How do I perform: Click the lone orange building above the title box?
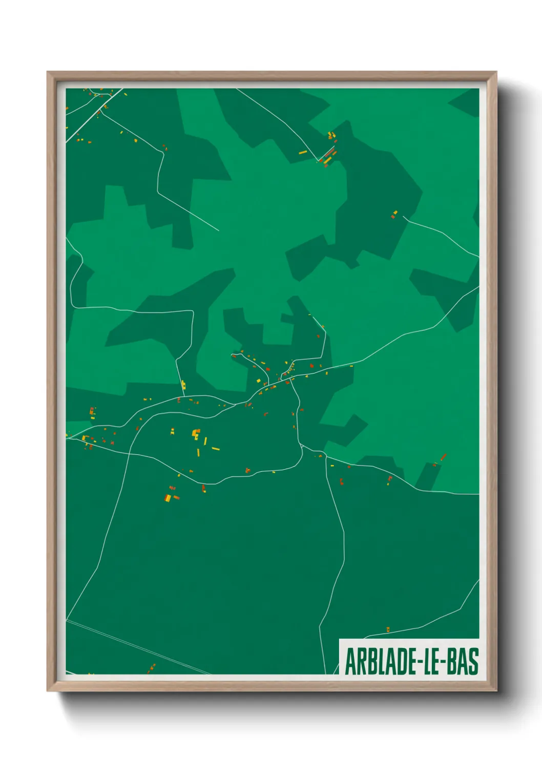[x=388, y=629]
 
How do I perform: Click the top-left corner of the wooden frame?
[x=48, y=72]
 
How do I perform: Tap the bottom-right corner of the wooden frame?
[x=496, y=690]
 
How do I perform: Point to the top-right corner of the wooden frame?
[x=496, y=72]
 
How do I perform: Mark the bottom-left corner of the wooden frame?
[x=48, y=690]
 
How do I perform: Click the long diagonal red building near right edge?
[x=444, y=456]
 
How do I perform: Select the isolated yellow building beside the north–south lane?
[x=183, y=385]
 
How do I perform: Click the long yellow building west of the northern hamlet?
[x=303, y=152]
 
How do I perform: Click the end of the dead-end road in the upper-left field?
[x=219, y=230]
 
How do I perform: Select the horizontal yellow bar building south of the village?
[x=216, y=449]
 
